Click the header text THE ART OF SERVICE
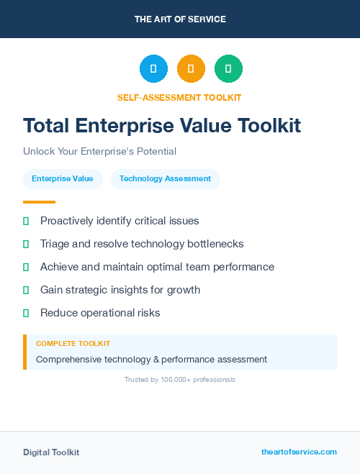[x=180, y=19]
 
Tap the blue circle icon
[x=153, y=68]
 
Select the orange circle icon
[x=191, y=68]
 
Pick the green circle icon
[x=228, y=68]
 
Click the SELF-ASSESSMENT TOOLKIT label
[x=179, y=97]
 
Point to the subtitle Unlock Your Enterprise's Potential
[x=99, y=152]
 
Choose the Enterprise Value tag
[x=63, y=179]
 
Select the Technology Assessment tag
[x=165, y=179]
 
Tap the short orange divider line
[x=39, y=202]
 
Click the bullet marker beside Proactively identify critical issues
[x=26, y=221]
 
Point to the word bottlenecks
[x=215, y=244]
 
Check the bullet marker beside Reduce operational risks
[x=26, y=313]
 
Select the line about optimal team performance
[x=157, y=267]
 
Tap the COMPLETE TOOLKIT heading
[x=73, y=344]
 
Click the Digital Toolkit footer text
[x=51, y=452]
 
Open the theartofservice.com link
[x=299, y=452]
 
